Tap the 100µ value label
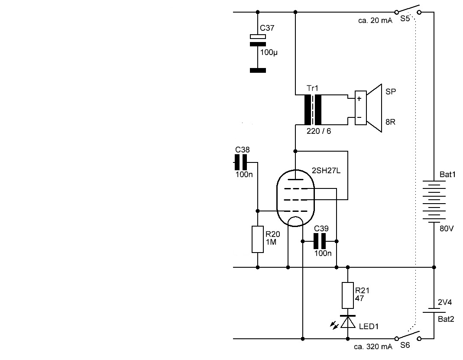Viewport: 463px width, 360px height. (269, 52)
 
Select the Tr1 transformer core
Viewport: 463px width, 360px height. (313, 109)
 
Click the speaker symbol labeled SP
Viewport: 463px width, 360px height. (368, 108)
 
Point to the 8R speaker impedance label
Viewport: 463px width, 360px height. (390, 123)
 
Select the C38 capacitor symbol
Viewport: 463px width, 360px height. (241, 162)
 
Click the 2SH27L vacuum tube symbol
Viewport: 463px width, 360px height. (295, 197)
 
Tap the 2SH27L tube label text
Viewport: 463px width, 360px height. (326, 171)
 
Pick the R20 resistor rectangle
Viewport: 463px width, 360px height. (258, 239)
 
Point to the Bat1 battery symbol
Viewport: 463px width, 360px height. (434, 201)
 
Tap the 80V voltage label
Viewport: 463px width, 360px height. (446, 228)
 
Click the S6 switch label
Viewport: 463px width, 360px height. (405, 346)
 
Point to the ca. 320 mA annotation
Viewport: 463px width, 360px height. (373, 347)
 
